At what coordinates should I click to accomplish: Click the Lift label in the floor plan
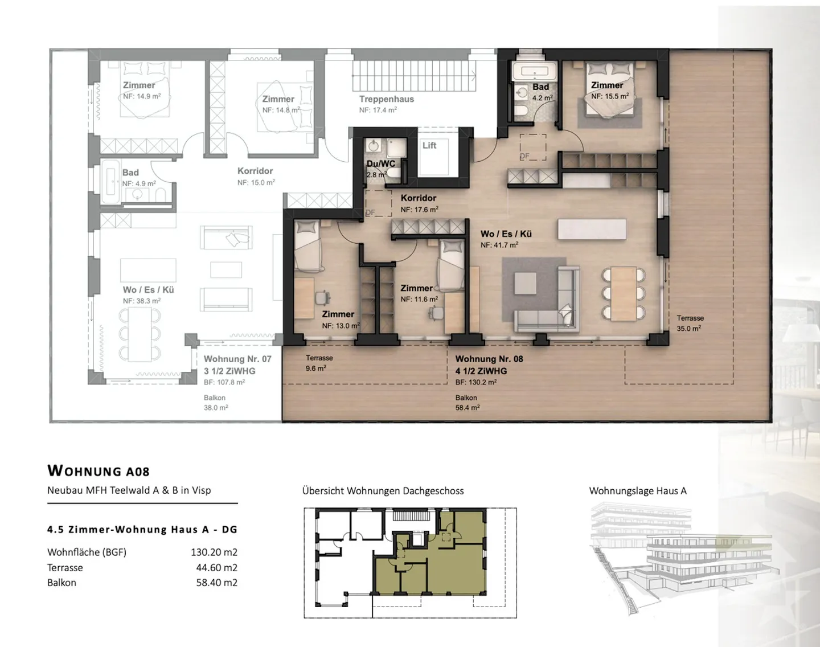pos(429,146)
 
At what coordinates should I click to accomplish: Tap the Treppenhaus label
pos(386,99)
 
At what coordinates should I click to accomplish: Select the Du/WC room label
pos(380,164)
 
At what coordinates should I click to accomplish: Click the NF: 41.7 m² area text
pos(499,245)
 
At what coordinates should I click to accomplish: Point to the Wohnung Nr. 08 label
pos(489,359)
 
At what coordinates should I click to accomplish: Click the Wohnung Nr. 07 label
pos(237,359)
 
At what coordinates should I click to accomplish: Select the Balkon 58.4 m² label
pos(467,403)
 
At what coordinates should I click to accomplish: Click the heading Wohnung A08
pos(99,471)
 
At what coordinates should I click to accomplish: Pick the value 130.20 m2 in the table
pos(214,552)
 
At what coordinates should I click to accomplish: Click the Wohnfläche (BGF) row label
pos(87,552)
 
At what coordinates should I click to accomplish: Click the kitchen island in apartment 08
pos(592,229)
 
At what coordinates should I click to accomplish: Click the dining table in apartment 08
pos(624,293)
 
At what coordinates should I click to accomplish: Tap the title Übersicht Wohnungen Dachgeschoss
pos(383,491)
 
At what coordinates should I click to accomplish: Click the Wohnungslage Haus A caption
pos(638,491)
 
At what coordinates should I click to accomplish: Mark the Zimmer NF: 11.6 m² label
pos(419,293)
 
